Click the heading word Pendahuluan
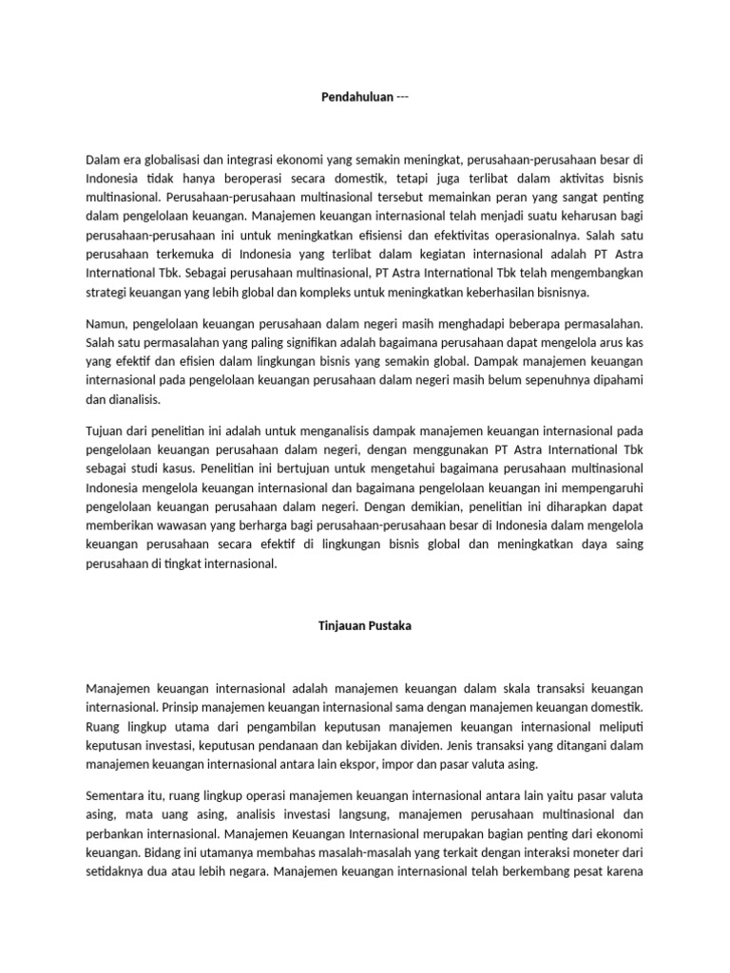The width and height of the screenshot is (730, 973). pos(356,98)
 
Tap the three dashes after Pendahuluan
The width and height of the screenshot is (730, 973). pos(403,98)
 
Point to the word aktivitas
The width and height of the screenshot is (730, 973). pos(552,179)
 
